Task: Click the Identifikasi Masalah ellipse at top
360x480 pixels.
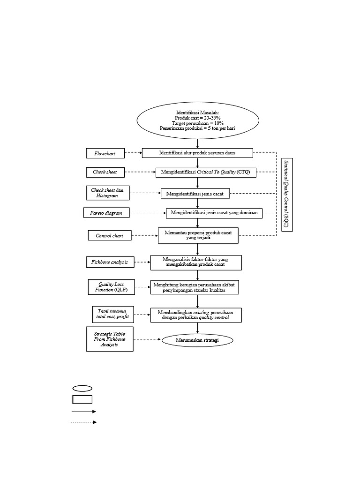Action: point(197,120)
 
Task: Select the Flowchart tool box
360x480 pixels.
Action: point(105,153)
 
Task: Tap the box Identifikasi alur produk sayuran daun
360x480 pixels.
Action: point(197,153)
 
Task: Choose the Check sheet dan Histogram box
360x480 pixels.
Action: point(107,193)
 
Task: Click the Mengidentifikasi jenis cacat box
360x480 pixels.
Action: point(195,193)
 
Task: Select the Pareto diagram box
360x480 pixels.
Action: point(106,213)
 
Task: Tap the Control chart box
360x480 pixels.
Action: point(110,235)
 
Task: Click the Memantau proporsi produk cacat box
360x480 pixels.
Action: point(198,235)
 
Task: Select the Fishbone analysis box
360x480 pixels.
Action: point(110,262)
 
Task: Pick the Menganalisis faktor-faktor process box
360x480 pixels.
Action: point(196,262)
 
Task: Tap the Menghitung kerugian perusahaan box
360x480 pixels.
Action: point(194,287)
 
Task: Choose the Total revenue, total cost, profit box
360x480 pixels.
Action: point(112,314)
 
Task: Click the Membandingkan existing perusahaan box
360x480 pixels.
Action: point(196,315)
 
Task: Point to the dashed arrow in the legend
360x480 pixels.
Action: point(83,422)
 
